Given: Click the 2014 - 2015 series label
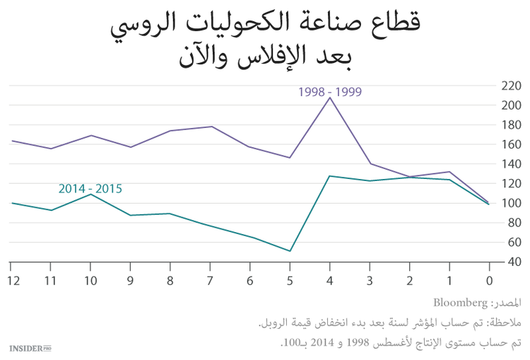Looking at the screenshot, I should pos(90,189).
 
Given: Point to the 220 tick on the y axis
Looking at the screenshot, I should pos(510,86).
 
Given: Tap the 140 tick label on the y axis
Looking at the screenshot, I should pos(510,164).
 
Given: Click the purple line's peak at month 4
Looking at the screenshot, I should pos(330,98).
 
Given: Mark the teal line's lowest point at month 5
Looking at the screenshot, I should pos(290,251).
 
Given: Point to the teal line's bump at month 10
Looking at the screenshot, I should pos(90,194).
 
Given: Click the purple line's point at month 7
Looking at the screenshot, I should pos(211,127).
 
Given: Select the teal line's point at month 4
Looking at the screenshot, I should pos(330,176).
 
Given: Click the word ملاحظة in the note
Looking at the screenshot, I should pos(506,323).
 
